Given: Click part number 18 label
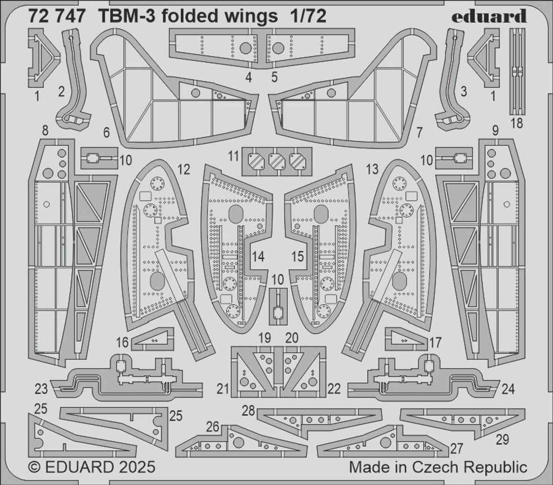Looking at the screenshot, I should click(516, 123).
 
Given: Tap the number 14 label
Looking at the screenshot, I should click(258, 257).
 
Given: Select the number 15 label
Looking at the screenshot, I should click(297, 257).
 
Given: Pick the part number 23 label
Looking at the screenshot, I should click(41, 389).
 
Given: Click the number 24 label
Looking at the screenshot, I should click(508, 389).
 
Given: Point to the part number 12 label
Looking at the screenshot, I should click(184, 170).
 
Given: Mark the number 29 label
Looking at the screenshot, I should click(502, 440).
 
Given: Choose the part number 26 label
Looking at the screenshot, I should click(213, 427).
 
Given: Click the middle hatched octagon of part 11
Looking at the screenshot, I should click(276, 161).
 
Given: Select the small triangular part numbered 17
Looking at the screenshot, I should click(405, 339).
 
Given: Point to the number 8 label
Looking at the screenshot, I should click(45, 130).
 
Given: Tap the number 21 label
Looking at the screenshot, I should click(222, 389).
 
